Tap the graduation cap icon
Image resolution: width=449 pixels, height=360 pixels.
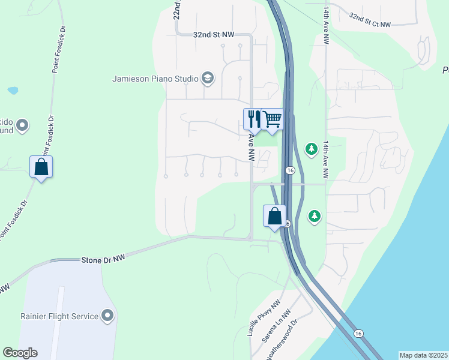[x=208, y=78]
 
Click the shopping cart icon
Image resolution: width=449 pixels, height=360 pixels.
[x=273, y=119]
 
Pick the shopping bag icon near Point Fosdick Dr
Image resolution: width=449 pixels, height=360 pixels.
[x=41, y=167]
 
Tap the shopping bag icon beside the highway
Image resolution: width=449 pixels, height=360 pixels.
[x=274, y=216]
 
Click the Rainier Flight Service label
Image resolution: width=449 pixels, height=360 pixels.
[x=58, y=316]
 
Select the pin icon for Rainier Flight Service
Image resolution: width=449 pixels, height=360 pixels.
[x=108, y=315]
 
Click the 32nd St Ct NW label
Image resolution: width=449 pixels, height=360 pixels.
[x=370, y=20]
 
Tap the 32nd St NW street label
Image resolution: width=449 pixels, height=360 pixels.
[x=213, y=35]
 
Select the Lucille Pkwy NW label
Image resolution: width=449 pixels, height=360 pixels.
[x=265, y=319]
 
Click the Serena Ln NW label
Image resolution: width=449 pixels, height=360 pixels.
[x=276, y=326]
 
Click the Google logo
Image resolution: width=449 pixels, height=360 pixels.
[x=20, y=353]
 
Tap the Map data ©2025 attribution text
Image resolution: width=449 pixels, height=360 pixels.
[x=423, y=355]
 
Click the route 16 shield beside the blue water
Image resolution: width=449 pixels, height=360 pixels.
[x=358, y=333]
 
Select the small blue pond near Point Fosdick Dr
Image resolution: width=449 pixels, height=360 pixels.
[x=13, y=91]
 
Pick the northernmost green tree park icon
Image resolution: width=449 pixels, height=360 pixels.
[x=311, y=148]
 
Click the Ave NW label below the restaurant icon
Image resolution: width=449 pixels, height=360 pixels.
[x=251, y=147]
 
